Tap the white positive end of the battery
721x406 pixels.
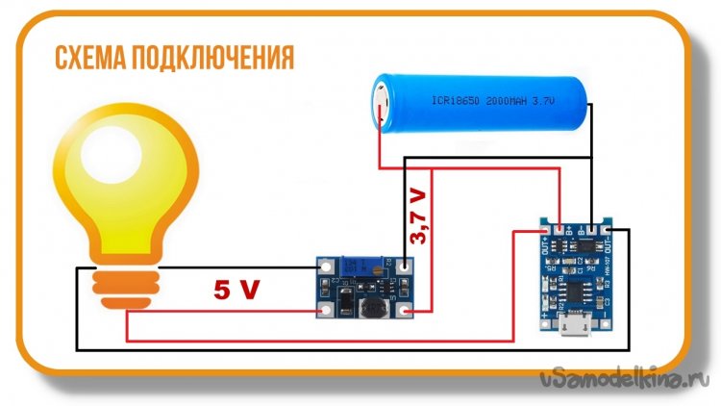tap(382, 109)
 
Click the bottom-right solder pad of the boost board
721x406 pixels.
tap(410, 310)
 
